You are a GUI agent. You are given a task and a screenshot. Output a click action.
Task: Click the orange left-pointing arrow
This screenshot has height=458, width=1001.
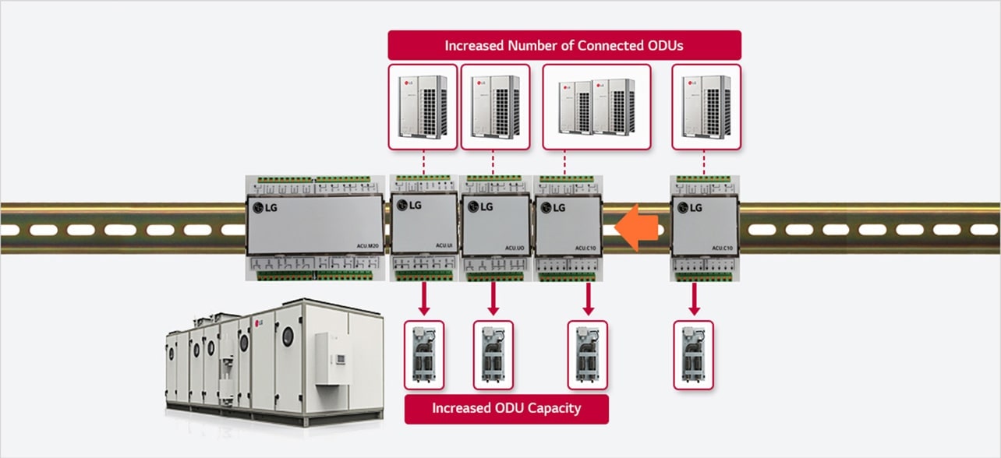tap(638, 227)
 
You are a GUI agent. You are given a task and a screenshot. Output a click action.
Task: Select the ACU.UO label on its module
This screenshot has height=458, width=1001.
tap(514, 248)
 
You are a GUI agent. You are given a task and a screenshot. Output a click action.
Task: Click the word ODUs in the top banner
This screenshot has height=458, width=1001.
tap(664, 45)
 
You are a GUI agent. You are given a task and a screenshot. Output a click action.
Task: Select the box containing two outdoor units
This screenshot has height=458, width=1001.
tap(596, 107)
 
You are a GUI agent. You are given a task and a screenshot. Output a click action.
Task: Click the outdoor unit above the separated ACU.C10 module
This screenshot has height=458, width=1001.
tap(706, 107)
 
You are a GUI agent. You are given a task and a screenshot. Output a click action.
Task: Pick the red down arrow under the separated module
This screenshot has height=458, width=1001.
tap(694, 298)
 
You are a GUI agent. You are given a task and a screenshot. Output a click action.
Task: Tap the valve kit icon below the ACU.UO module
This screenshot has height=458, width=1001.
tap(493, 354)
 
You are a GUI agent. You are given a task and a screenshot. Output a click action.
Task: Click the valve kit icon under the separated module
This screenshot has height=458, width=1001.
tap(694, 354)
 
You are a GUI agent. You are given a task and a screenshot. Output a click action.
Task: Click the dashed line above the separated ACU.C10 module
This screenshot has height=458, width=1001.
tap(705, 162)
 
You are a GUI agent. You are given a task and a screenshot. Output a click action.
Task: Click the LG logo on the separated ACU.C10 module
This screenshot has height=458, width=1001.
tap(690, 207)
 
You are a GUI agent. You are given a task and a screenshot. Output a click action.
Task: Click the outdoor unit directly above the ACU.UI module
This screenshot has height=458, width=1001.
tap(423, 107)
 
